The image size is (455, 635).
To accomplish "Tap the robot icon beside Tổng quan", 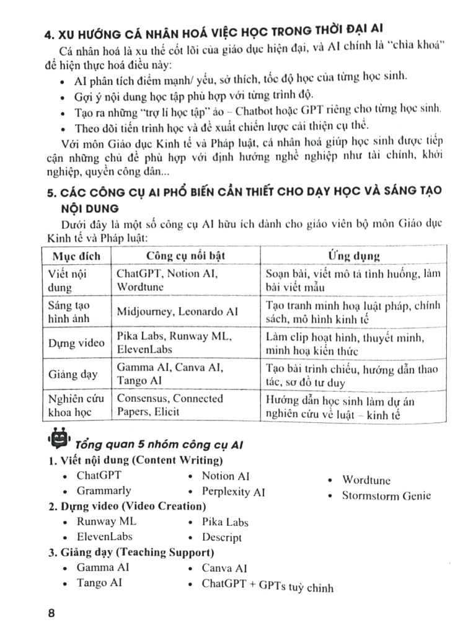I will pos(60,440).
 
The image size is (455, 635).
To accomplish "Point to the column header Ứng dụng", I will pos(353,256).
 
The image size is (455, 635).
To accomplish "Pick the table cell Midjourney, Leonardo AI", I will pos(178,312).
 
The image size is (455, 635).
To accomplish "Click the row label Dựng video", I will pos(76,343).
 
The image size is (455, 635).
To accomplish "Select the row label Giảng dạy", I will pos(76,374).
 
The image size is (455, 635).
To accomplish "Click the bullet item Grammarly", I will pos(104,491).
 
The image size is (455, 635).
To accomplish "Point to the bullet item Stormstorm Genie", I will pos(386,495).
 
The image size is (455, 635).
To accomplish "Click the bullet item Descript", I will pos(221,538).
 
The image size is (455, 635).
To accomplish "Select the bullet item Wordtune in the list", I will pos(366,480).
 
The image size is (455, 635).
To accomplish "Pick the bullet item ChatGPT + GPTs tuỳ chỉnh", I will pos(267,585).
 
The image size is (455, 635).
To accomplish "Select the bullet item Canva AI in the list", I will pos(224,568).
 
